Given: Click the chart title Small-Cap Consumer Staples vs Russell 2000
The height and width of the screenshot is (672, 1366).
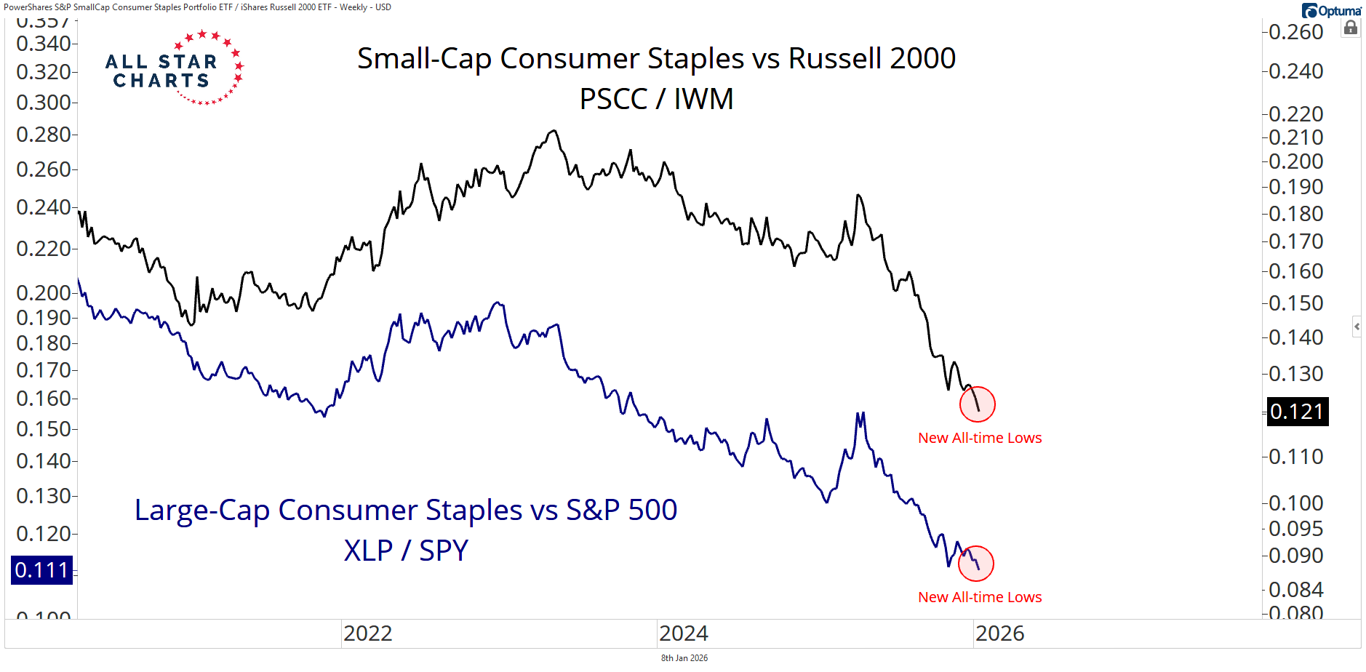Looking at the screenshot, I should coord(656,59).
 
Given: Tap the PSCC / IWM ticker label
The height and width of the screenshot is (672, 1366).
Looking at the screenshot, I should coord(656,99).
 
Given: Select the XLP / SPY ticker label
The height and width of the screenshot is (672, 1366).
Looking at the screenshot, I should coord(406,551).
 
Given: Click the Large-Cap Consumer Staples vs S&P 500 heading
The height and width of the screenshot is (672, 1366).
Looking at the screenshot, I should coord(406,510).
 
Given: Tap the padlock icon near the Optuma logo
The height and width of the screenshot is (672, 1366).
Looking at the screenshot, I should coord(1351,28).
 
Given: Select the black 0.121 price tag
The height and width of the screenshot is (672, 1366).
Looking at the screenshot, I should coord(1297,412).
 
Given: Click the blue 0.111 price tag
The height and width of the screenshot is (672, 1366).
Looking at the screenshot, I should coord(42,570).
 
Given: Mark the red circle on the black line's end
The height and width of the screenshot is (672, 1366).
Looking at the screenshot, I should coord(977,404).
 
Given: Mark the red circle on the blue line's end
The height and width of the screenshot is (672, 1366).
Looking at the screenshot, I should coord(975,564).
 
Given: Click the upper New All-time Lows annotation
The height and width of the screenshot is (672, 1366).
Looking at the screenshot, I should coord(979,438).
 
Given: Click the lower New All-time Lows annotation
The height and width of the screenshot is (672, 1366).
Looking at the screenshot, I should coord(979,597).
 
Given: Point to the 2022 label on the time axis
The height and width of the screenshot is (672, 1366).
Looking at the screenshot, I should coord(367,633).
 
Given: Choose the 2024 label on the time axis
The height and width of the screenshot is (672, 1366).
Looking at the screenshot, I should coord(683,633).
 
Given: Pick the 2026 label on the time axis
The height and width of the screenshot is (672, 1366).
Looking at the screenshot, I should coord(999,633).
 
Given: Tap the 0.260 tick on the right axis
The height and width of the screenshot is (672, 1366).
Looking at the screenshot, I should coord(1295,32).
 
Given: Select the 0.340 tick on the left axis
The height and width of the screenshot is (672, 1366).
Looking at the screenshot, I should coord(43,44).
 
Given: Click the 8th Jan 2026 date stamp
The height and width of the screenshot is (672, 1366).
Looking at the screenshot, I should coord(684,658).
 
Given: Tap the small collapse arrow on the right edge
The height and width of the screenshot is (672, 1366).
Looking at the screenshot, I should coord(1357,327).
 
